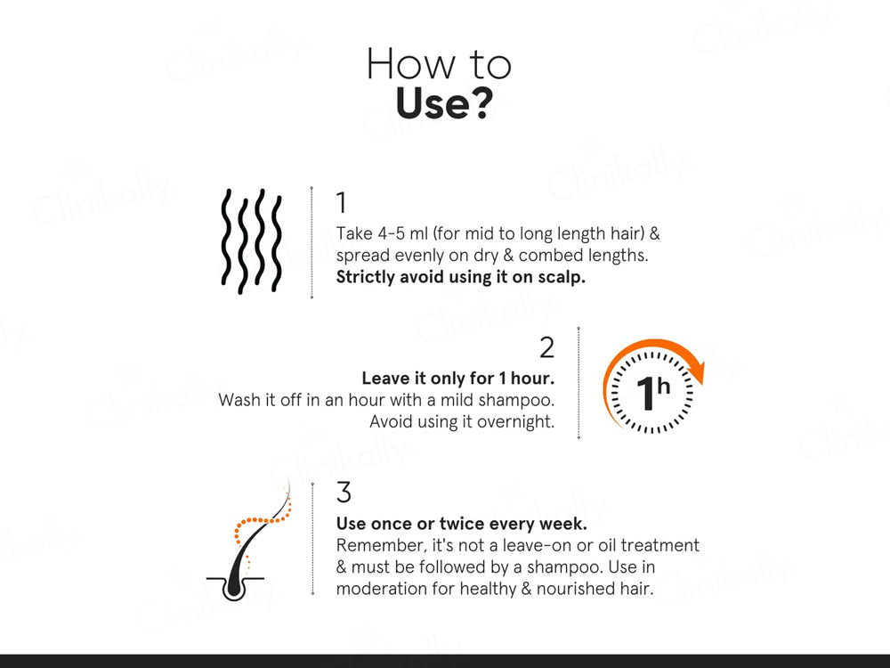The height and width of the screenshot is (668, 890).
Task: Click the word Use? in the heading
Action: click(443, 104)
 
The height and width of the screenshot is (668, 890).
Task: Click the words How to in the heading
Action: click(439, 64)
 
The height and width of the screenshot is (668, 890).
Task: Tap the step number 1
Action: click(342, 203)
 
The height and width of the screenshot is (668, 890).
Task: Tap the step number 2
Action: click(546, 347)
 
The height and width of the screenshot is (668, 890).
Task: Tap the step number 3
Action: click(344, 492)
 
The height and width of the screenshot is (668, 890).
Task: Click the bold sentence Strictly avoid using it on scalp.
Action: click(460, 276)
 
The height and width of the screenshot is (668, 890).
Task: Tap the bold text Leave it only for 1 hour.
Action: click(457, 379)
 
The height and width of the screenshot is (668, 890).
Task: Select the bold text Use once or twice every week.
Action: click(461, 523)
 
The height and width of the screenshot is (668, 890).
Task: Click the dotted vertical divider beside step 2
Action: click(578, 383)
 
